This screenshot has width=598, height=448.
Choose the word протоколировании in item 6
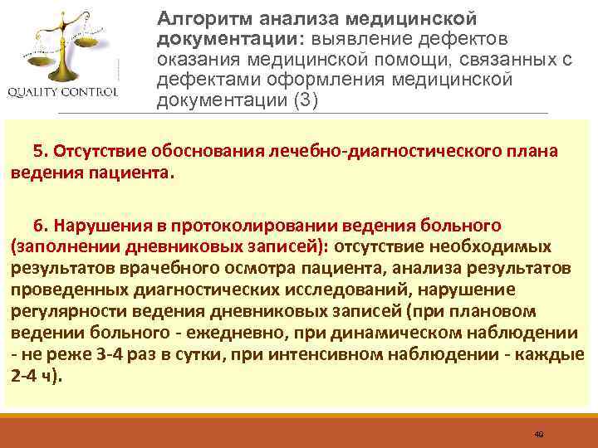[x=256, y=226]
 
